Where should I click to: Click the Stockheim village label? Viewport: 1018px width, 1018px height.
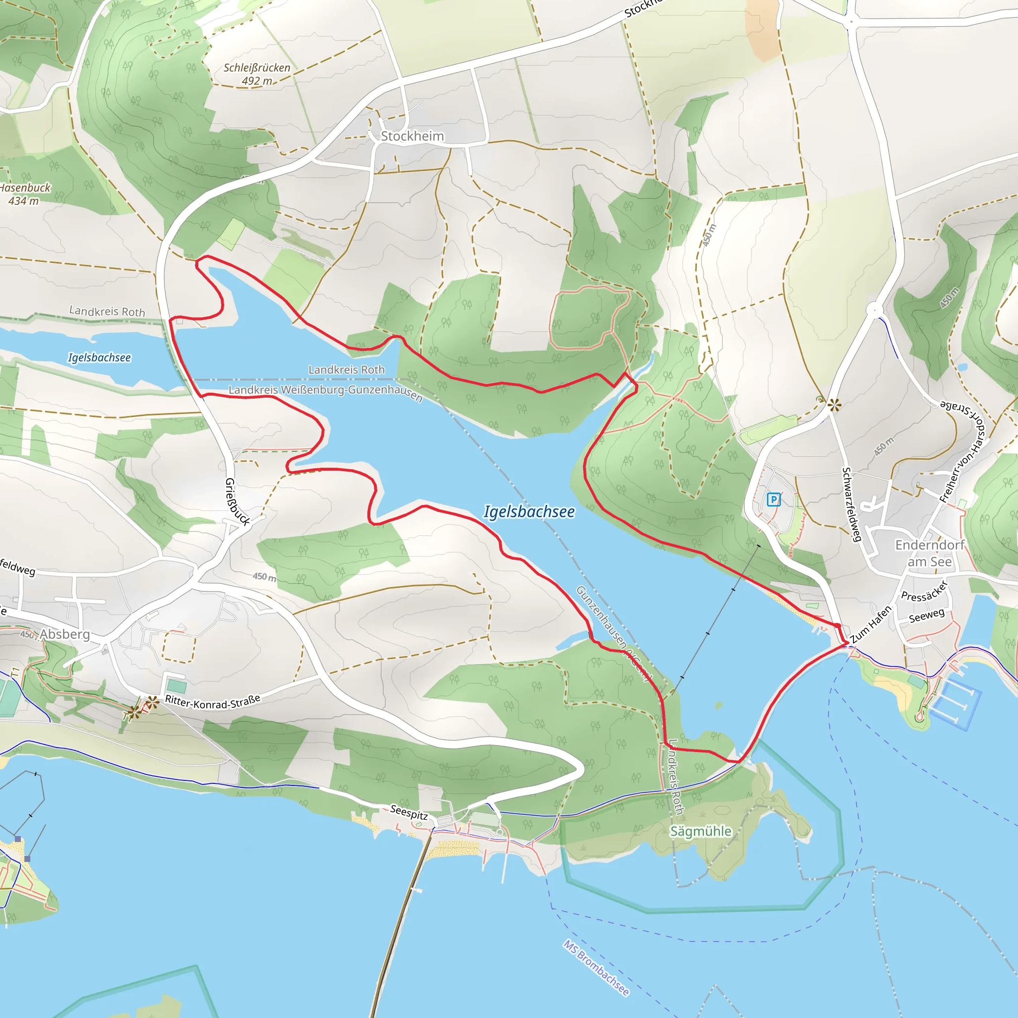click(412, 136)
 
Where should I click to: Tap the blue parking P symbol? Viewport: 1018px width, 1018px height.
click(773, 499)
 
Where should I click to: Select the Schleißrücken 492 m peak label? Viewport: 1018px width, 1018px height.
click(256, 74)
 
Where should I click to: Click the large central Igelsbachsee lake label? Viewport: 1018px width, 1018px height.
click(529, 511)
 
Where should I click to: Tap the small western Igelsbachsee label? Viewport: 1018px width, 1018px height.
click(99, 358)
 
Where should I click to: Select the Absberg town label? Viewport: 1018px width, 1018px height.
click(64, 634)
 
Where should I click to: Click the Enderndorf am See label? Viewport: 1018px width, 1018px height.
click(930, 553)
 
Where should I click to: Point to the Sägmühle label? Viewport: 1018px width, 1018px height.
click(700, 831)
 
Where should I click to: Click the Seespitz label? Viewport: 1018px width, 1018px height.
click(409, 813)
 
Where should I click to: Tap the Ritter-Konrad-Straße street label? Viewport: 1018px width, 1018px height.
click(212, 702)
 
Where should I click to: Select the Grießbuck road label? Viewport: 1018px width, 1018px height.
click(237, 502)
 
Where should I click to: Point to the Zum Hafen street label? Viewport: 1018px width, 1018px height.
click(870, 624)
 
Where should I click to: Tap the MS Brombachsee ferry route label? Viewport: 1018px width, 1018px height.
click(596, 968)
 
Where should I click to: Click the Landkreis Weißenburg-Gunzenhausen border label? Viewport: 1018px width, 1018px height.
click(325, 392)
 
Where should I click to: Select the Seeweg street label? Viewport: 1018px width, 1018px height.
click(927, 615)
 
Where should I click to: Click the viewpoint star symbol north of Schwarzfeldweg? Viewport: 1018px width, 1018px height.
click(834, 405)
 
